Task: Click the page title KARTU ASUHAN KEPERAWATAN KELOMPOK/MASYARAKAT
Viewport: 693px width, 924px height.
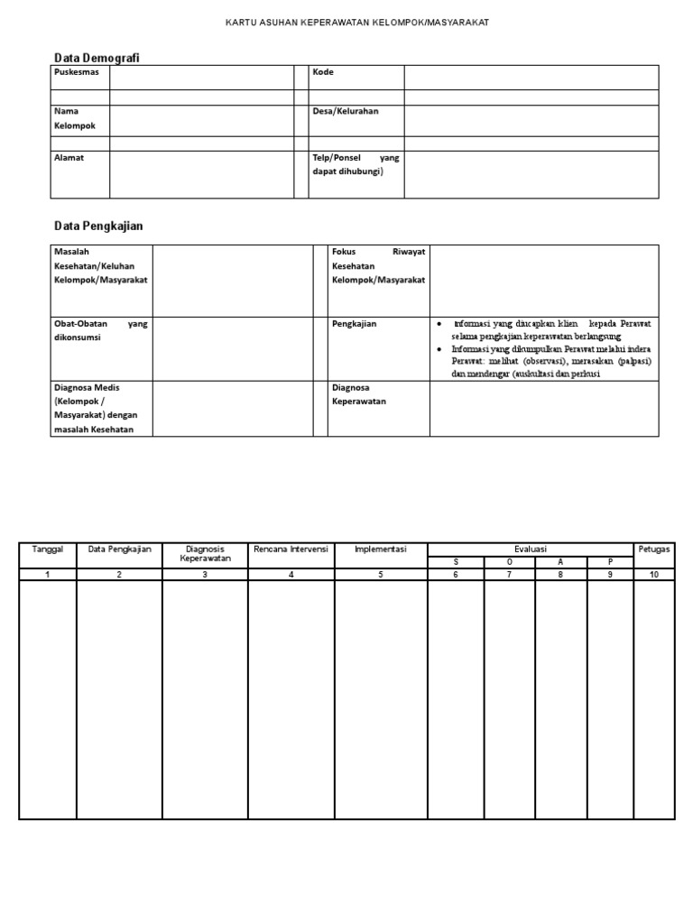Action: [x=356, y=22]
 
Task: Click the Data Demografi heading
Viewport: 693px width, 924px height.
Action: [x=97, y=58]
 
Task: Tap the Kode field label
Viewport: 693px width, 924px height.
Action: [x=323, y=72]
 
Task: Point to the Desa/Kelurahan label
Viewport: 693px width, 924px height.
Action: [x=346, y=111]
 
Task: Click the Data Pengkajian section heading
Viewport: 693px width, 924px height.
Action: [x=98, y=225]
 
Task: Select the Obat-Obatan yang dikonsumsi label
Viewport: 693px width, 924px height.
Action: [x=99, y=330]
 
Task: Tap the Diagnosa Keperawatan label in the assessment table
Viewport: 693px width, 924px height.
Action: [x=359, y=394]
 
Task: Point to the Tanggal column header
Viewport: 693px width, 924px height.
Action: [x=47, y=549]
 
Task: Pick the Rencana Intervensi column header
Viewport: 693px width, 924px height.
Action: [x=291, y=549]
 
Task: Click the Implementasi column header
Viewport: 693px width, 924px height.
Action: [x=381, y=549]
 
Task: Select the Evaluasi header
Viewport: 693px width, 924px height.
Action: [x=531, y=549]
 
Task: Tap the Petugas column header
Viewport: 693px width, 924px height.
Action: [x=654, y=549]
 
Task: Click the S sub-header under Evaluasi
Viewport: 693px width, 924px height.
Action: [x=456, y=561]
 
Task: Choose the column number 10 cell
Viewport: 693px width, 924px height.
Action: [x=654, y=575]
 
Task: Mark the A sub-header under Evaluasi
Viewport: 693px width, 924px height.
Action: [x=560, y=561]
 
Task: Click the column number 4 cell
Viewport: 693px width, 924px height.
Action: [x=291, y=575]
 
